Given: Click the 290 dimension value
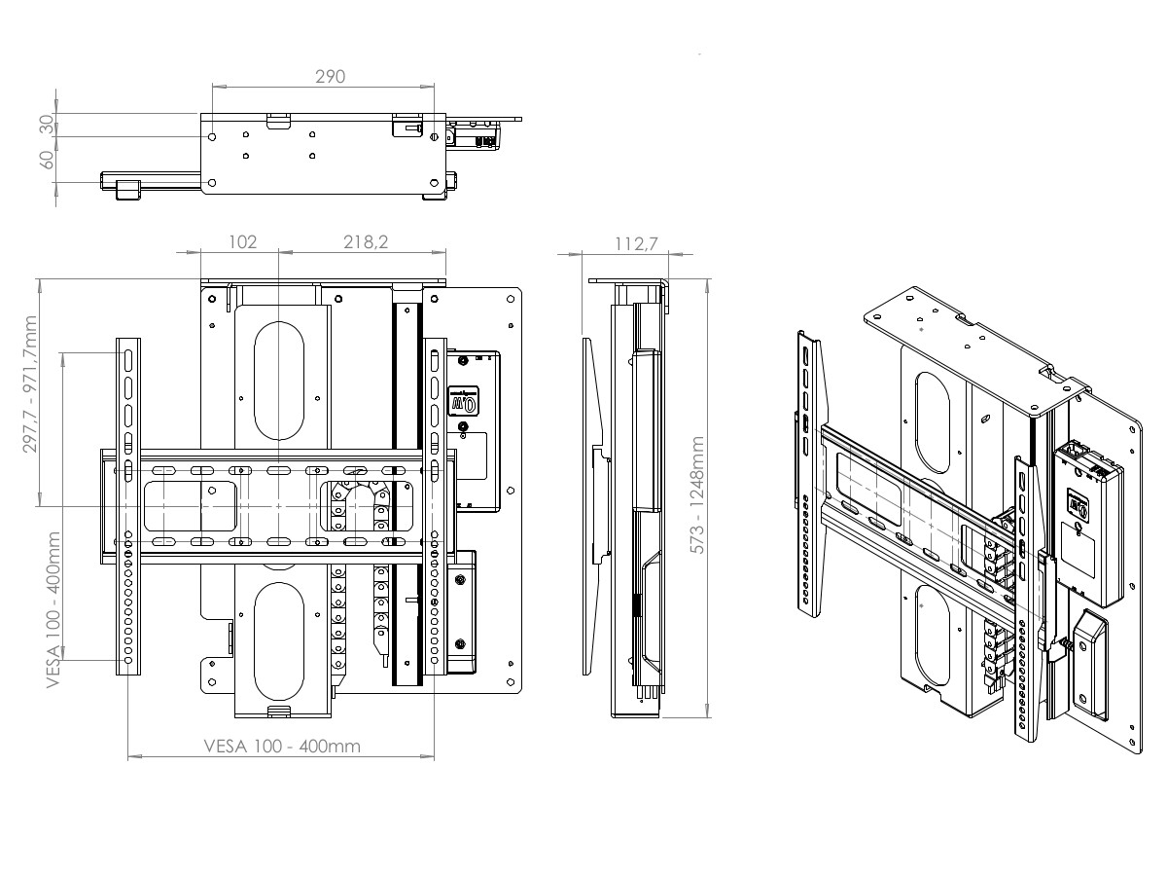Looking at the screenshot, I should coord(331,77).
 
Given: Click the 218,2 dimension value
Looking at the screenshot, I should coord(365,242).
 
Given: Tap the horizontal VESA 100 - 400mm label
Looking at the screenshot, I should coord(282,747).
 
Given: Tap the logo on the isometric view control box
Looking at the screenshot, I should coord(1078,504).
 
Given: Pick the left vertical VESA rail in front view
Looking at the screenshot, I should coord(127,506).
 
